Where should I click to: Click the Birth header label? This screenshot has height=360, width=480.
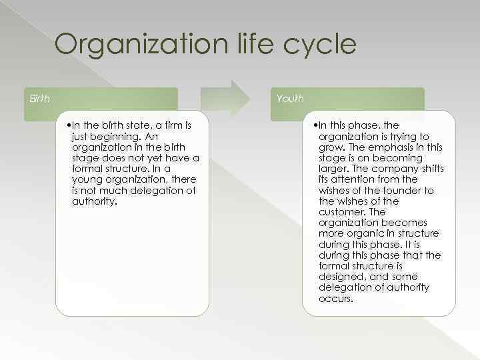coord(39,99)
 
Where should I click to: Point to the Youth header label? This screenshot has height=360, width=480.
coord(290,99)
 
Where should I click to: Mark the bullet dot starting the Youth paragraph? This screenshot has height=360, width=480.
coord(317,125)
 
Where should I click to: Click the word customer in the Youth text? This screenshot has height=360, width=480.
coord(343,212)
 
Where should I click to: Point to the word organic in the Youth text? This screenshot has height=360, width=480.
coord(367,233)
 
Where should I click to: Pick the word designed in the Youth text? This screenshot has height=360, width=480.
coord(343,277)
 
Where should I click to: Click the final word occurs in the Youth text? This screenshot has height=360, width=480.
coord(335,298)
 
